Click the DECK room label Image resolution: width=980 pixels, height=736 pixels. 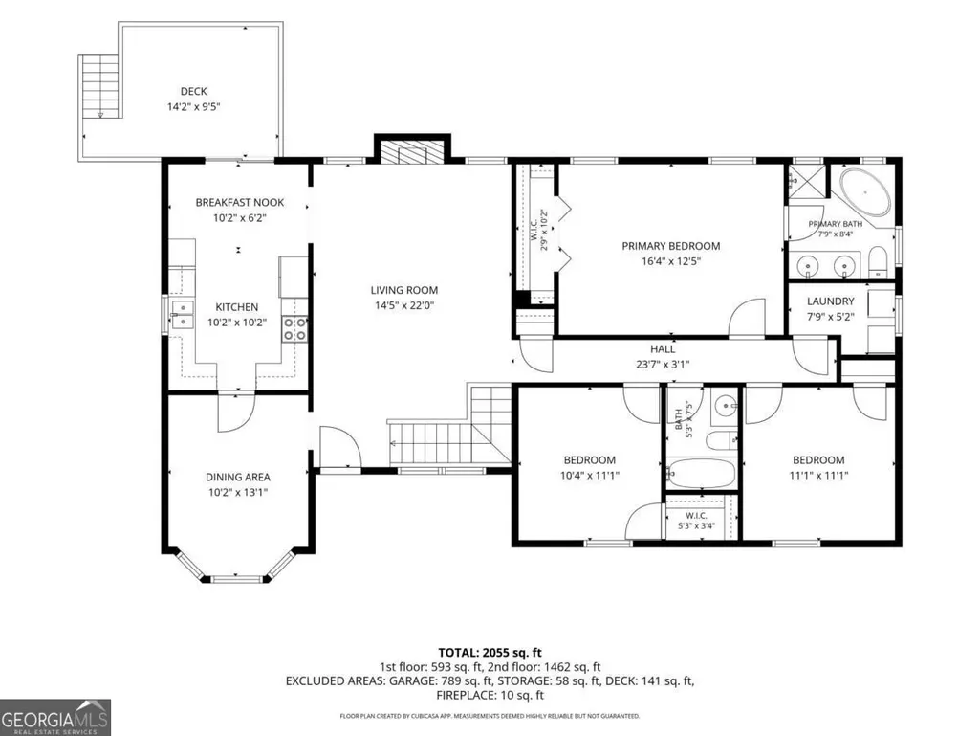194,91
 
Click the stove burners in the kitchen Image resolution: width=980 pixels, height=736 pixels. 295,328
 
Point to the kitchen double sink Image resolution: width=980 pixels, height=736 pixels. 184,314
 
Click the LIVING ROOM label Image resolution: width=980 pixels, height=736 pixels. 403,290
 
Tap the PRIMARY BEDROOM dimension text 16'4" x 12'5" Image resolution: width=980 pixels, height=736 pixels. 670,261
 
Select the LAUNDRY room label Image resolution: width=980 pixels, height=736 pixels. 830,301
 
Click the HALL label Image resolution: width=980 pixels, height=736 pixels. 663,349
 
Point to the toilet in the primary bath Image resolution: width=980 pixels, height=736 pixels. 878,261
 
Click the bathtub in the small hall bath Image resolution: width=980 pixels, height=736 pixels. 701,474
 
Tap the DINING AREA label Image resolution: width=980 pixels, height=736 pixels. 237,477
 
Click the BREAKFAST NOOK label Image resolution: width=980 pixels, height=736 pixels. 239,202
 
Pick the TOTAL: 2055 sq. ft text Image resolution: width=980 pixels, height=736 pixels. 490,654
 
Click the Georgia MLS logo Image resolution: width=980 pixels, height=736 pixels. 55,717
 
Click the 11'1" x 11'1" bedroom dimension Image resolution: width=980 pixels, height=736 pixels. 818,475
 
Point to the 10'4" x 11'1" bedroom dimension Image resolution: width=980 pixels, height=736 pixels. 589,475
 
